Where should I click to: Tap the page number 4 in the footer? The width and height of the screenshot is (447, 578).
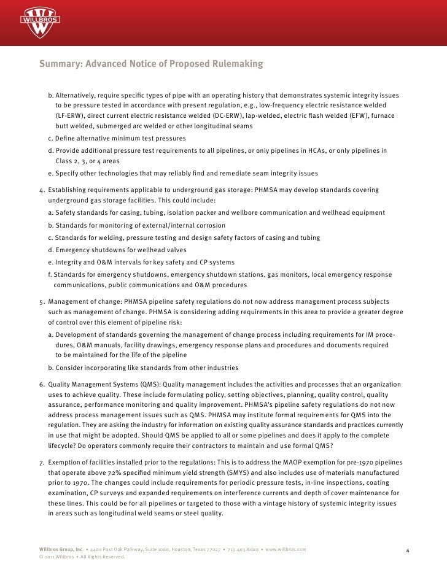pyautogui.click(x=408, y=549)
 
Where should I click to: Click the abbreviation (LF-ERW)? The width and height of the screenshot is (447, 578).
pyautogui.click(x=71, y=116)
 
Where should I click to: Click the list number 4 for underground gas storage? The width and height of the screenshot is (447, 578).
pyautogui.click(x=41, y=190)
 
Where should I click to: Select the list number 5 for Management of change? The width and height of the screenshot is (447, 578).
pyautogui.click(x=41, y=302)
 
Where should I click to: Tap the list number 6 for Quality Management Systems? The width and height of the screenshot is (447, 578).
pyautogui.click(x=41, y=384)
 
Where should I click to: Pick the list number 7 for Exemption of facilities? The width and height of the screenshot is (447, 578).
pyautogui.click(x=41, y=461)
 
